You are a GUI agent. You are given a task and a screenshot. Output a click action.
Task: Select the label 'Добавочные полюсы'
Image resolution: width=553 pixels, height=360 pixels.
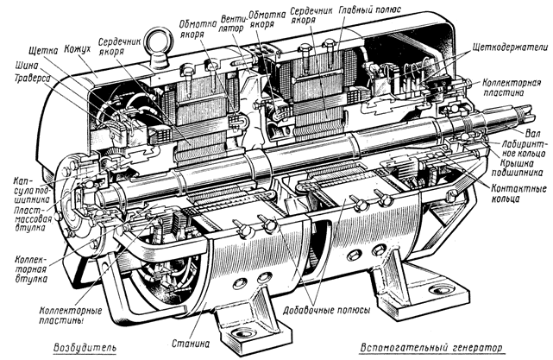click(x=327, y=309)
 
